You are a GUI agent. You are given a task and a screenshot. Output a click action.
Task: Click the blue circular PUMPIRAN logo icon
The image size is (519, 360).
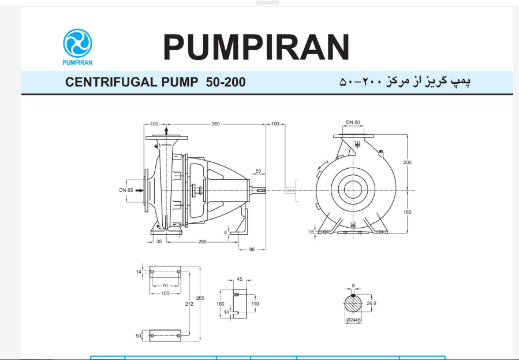point(77,43)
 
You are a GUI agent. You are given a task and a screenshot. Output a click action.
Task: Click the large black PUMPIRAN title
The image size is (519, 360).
point(256,47)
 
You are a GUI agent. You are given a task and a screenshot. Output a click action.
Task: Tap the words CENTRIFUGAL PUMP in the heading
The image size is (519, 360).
point(132,82)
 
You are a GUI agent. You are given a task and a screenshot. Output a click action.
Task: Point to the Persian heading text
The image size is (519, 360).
point(405,81)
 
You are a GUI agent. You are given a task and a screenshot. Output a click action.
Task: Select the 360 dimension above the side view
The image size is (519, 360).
point(215,124)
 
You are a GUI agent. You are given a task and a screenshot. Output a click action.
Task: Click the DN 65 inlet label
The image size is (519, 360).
point(126,190)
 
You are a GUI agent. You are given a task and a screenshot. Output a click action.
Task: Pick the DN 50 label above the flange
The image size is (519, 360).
point(353,122)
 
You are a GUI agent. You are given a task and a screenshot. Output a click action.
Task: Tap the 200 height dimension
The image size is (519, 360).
point(408,162)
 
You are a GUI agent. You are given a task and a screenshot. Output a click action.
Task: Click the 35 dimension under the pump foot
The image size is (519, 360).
point(159,242)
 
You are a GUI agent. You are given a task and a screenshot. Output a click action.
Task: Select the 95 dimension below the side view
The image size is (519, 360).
point(252,250)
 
